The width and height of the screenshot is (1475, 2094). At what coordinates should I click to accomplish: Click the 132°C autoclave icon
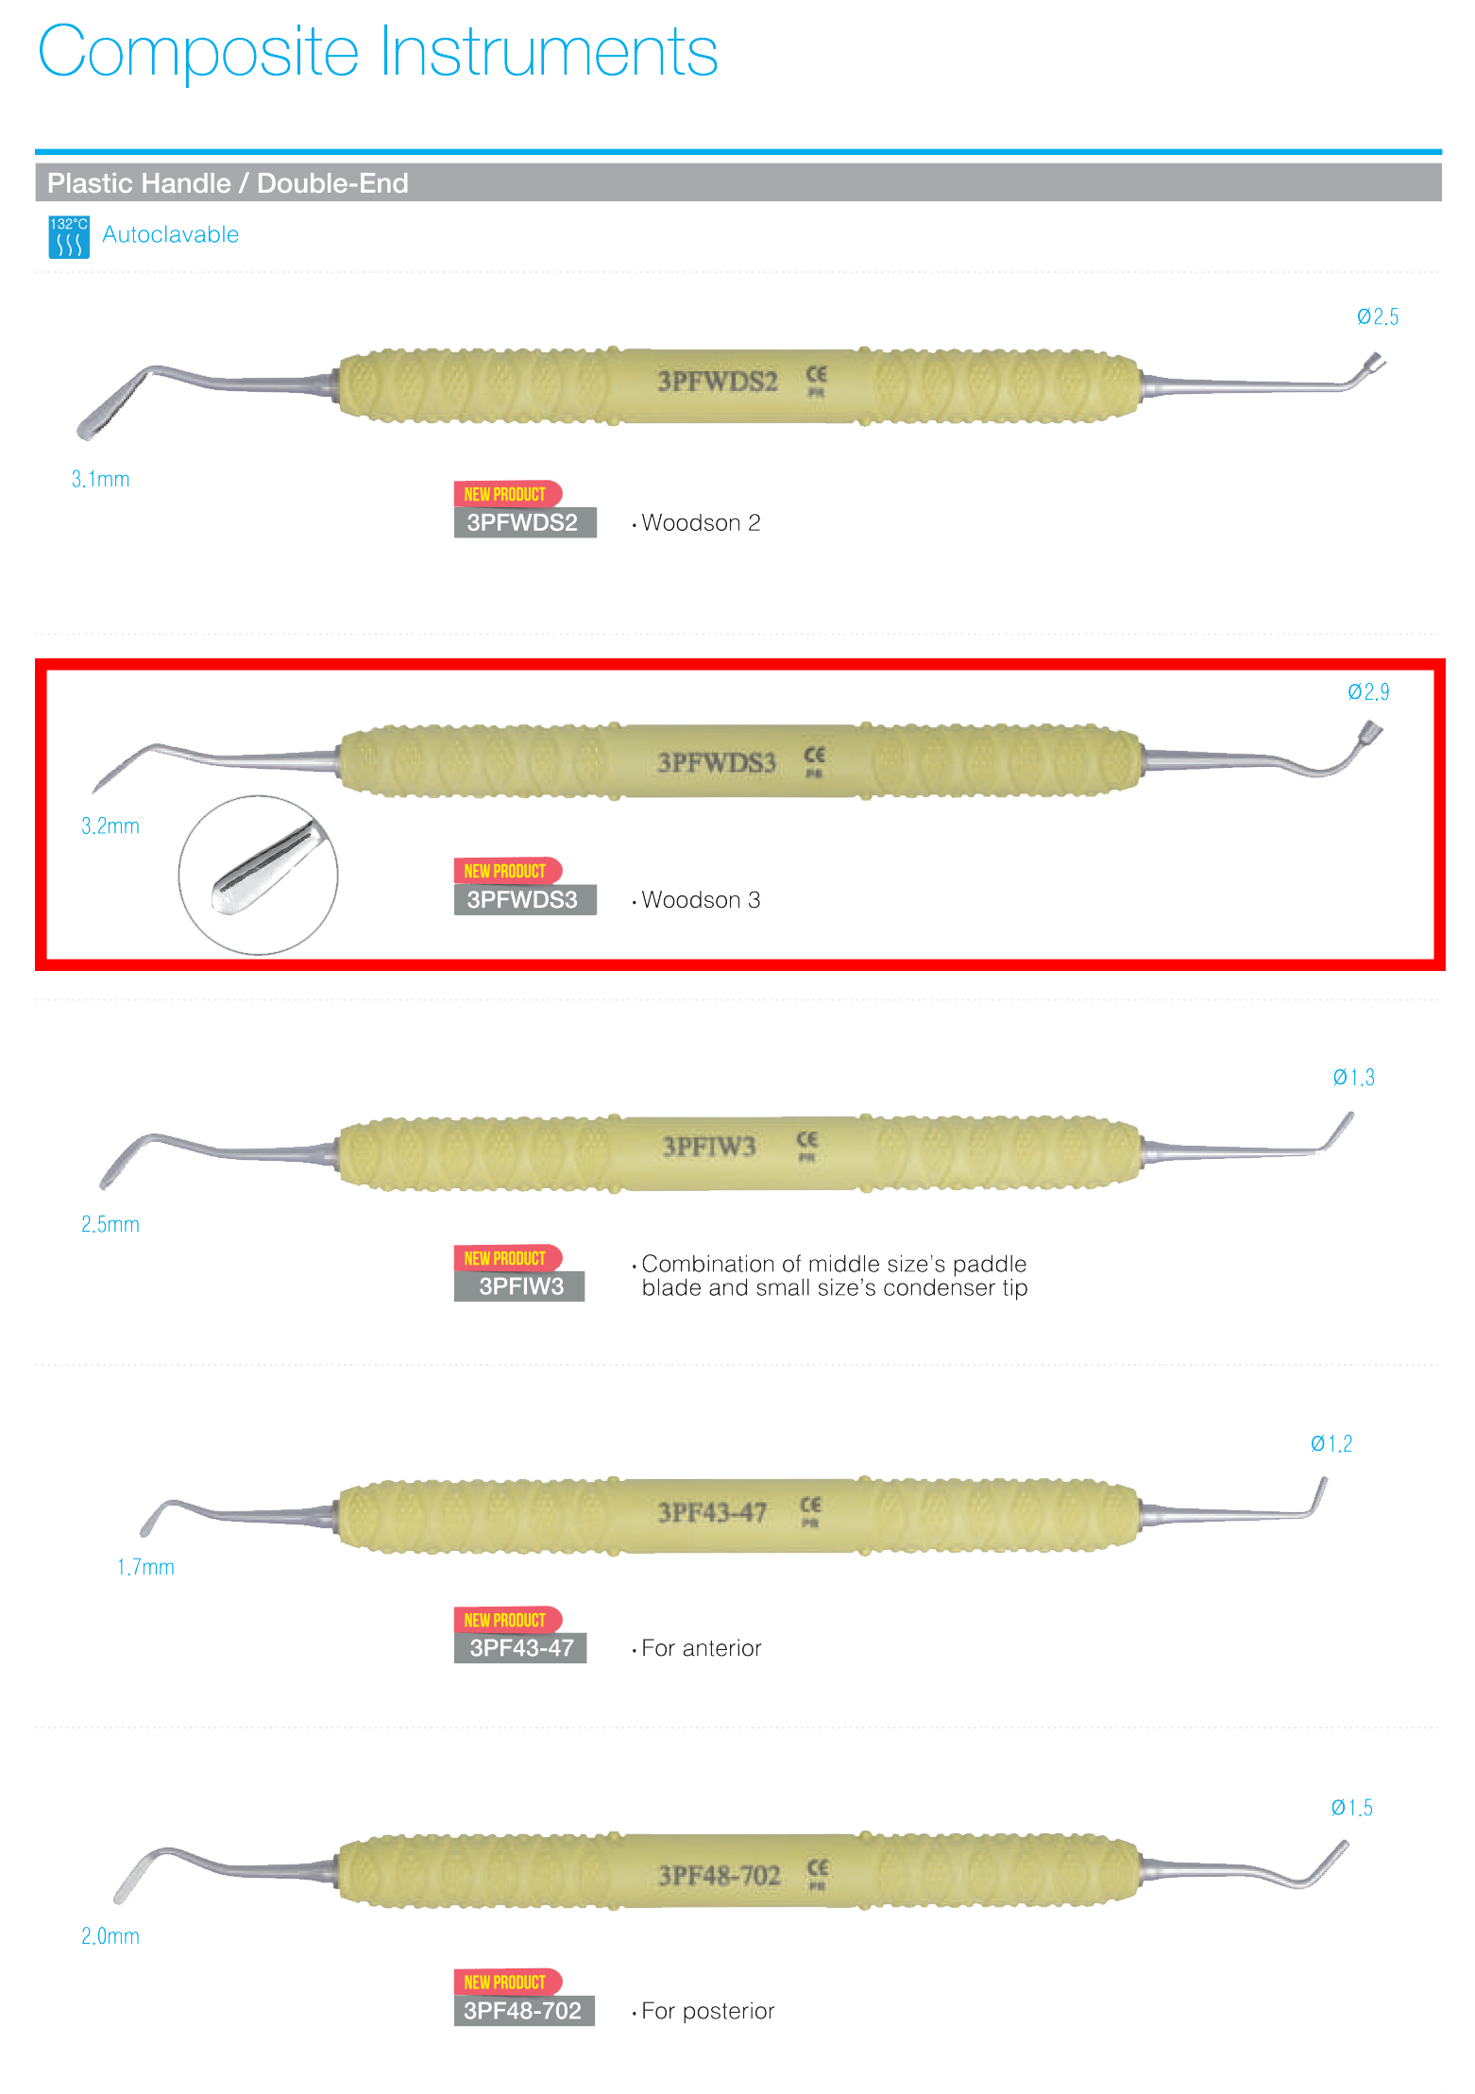69,236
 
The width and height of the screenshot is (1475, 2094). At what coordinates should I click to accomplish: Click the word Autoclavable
170,234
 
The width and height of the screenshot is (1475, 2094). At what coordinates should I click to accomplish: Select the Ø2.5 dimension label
1377,317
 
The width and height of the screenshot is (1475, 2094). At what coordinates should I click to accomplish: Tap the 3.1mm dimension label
100,479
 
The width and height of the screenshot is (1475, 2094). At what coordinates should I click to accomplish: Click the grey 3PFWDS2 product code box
524,522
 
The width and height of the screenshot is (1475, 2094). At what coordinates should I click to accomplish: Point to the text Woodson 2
700,522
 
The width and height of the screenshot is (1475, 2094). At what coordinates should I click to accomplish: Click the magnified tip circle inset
258,875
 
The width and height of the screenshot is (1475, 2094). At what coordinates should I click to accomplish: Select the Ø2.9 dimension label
1367,692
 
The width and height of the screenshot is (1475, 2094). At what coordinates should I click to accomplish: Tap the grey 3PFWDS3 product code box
524,899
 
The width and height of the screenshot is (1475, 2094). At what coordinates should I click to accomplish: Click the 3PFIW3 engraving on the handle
708,1147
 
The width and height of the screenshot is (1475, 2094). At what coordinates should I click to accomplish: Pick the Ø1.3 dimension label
1352,1078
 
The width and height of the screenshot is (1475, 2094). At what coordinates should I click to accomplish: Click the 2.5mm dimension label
110,1224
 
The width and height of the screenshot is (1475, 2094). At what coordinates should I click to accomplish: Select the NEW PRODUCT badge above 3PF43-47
506,1620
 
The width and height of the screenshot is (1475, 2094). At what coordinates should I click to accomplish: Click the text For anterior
701,1648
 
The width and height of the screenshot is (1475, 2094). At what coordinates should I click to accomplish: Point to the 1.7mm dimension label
144,1567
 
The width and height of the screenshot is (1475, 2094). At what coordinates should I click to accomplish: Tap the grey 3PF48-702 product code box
523,2010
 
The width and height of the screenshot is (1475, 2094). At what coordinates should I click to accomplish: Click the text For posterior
707,2011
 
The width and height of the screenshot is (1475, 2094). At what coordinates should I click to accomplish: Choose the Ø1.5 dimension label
1350,1808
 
